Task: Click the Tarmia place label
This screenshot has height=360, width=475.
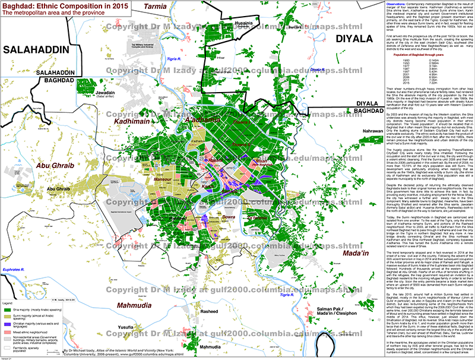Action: click(x=152, y=7)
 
